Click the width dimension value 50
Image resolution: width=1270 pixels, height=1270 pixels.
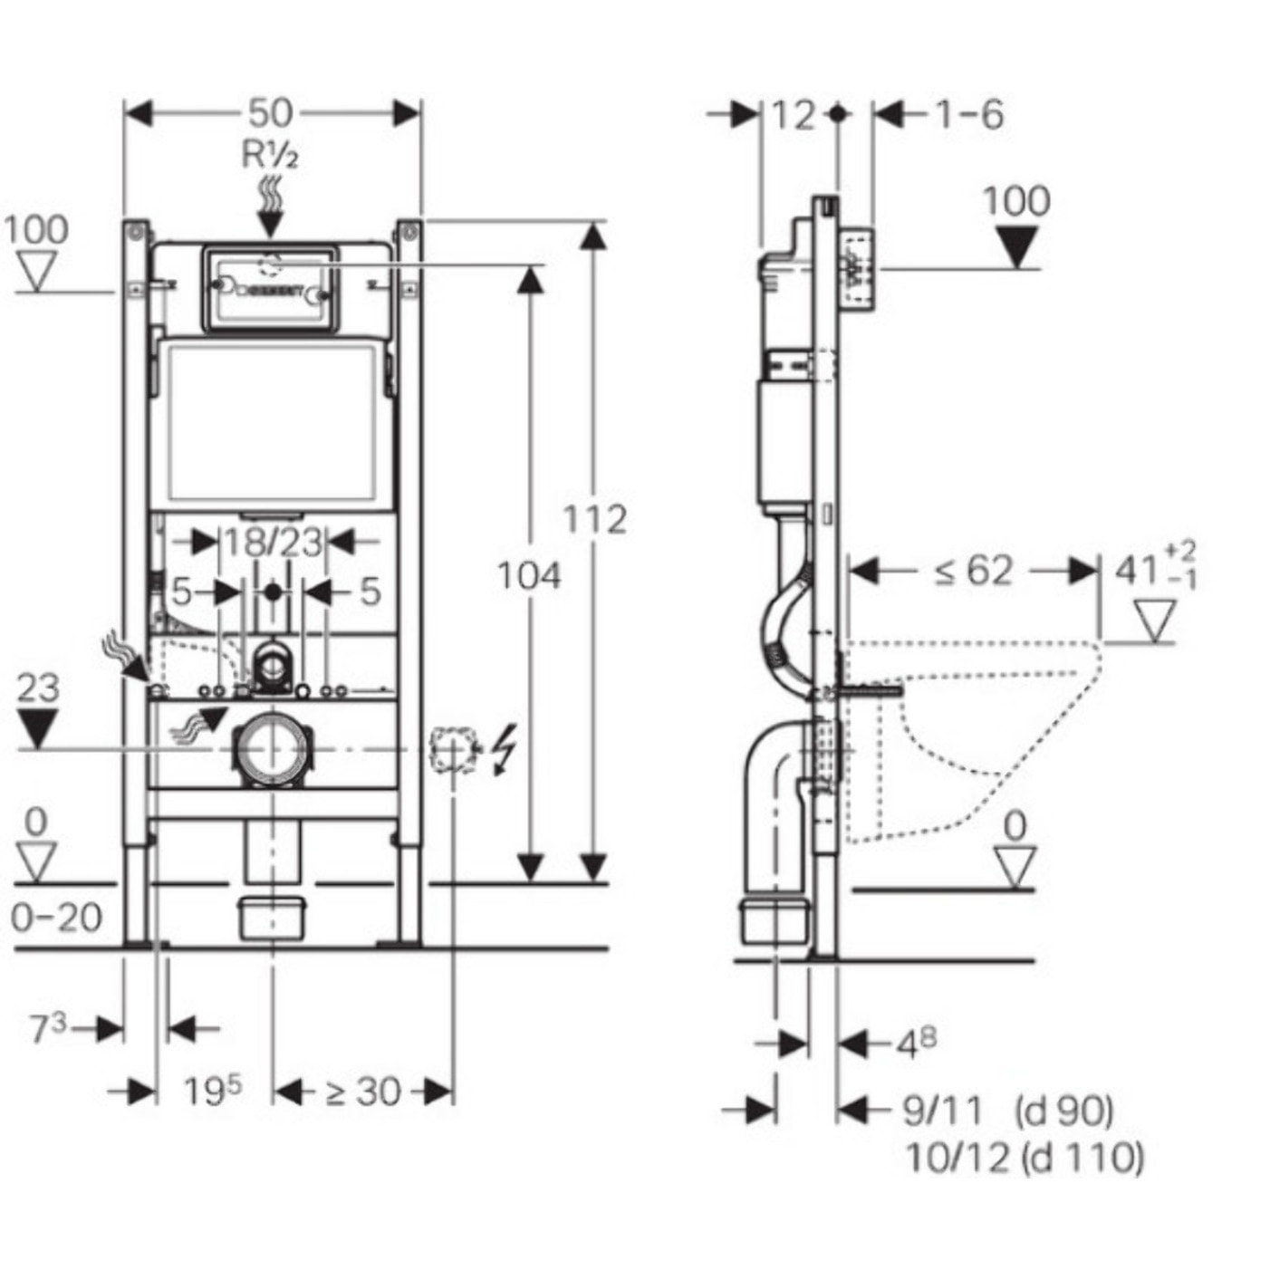click(271, 113)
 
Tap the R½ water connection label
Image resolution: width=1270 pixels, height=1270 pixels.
click(270, 156)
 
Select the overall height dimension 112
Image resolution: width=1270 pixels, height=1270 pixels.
click(594, 520)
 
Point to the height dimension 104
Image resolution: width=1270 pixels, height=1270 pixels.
click(529, 575)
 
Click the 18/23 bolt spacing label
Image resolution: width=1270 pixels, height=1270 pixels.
click(273, 543)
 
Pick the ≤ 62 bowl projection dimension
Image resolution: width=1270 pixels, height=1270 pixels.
click(973, 571)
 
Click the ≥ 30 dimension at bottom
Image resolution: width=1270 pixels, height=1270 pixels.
click(362, 1092)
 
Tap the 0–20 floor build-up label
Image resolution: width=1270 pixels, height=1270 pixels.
click(56, 918)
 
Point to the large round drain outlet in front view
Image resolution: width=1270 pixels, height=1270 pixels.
click(271, 748)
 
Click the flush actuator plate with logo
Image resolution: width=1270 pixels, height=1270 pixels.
click(270, 287)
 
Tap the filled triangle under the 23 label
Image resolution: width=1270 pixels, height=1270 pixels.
click(37, 728)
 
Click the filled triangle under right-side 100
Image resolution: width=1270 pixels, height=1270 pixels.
click(1017, 247)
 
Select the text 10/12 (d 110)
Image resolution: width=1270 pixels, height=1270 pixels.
click(1025, 1157)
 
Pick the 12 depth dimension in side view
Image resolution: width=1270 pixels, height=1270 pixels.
click(794, 115)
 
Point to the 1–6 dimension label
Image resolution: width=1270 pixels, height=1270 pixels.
click(968, 115)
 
